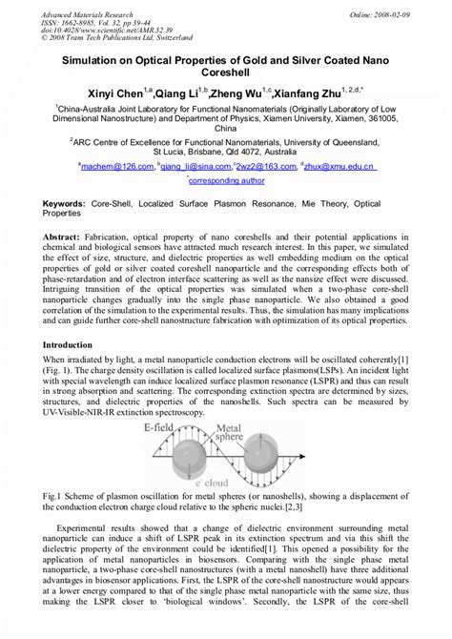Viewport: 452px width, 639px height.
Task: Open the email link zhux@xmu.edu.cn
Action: [340, 165]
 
